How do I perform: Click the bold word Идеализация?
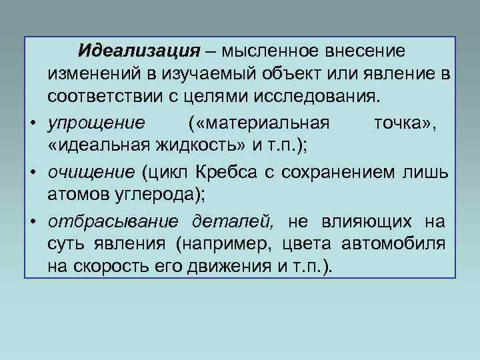138,51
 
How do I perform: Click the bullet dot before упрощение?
33,125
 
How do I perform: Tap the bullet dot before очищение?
33,174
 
